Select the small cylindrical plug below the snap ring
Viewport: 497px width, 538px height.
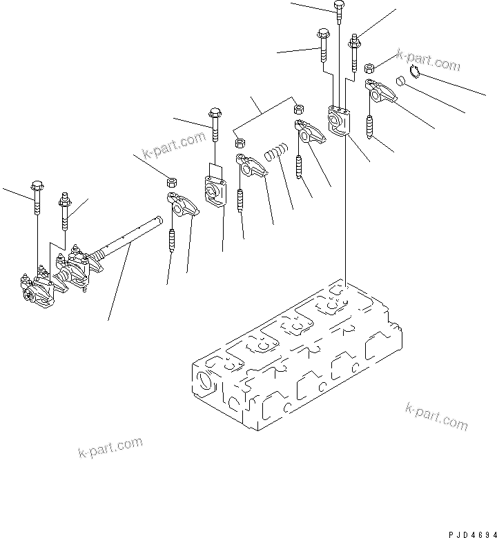coord(398,83)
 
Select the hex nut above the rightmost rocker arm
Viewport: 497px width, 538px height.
coord(369,67)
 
